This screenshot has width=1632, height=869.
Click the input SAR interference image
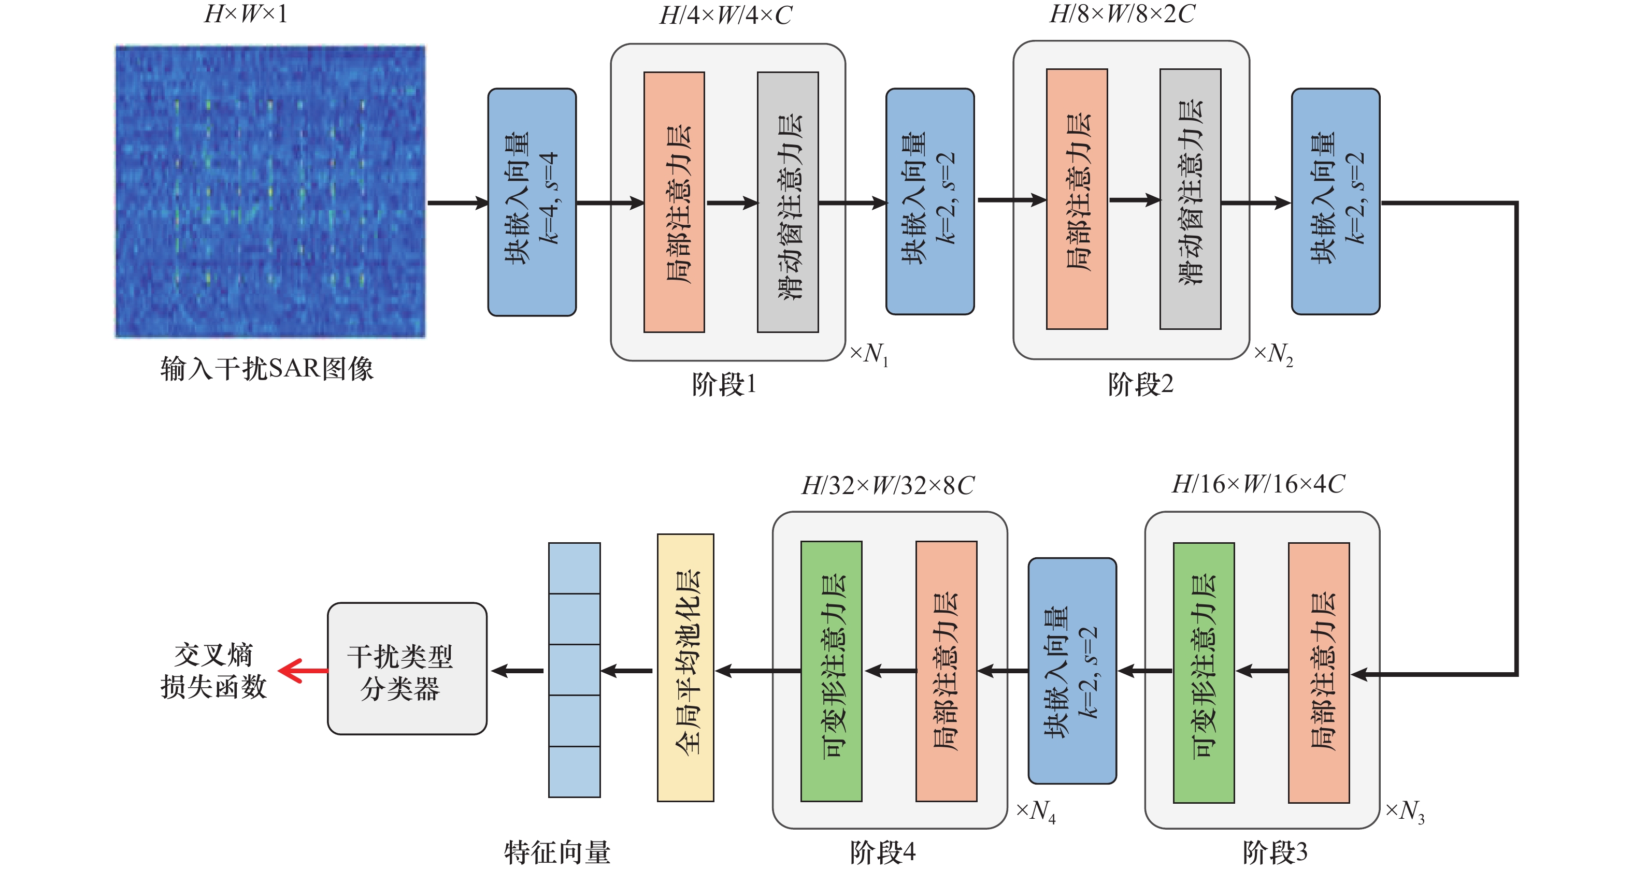[270, 191]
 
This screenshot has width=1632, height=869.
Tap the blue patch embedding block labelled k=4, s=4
[532, 201]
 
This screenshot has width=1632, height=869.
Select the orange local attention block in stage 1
[674, 202]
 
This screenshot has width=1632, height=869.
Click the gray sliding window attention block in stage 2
[1190, 199]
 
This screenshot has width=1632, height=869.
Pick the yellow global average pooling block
[685, 668]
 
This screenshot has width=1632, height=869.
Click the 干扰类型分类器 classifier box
[407, 669]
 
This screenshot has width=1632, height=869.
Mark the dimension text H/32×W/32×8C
[887, 486]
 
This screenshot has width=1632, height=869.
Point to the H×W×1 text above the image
[246, 14]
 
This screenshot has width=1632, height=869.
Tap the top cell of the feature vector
[574, 568]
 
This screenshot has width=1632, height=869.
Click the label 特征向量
[557, 852]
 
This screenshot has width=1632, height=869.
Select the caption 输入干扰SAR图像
[267, 369]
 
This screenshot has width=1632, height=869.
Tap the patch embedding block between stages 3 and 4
[1072, 671]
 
